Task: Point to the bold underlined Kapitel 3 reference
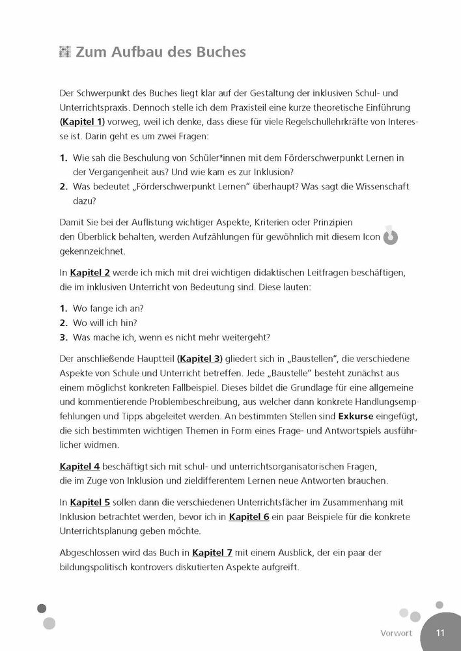click(200, 358)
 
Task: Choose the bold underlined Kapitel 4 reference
click(79, 466)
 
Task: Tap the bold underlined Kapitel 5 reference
click(91, 503)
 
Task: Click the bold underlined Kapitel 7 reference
click(212, 553)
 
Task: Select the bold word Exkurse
click(359, 415)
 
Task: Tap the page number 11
click(440, 633)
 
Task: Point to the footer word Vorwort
click(396, 633)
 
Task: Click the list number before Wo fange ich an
click(64, 308)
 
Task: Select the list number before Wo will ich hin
click(64, 322)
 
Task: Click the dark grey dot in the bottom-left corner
click(42, 609)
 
